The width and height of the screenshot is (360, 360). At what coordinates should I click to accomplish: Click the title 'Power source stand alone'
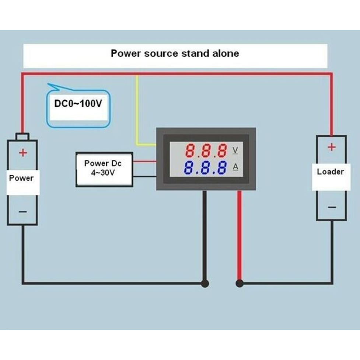click(x=175, y=53)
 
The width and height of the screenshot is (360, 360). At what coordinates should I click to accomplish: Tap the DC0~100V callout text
click(x=78, y=103)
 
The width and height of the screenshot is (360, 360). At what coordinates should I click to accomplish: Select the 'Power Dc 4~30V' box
click(x=105, y=169)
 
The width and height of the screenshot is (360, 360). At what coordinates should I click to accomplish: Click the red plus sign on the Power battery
click(x=23, y=153)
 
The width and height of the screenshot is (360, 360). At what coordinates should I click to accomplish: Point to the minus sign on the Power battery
click(x=23, y=211)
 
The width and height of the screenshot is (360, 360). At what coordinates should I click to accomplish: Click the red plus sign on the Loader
click(x=331, y=147)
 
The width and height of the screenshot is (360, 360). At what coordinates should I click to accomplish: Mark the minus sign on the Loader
click(x=332, y=207)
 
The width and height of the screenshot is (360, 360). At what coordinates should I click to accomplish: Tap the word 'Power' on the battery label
click(x=21, y=178)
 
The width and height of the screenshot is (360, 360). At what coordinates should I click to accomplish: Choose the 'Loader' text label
click(x=331, y=172)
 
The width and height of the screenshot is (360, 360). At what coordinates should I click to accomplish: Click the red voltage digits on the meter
click(x=206, y=150)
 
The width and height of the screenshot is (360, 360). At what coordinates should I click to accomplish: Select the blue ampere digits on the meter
click(x=205, y=167)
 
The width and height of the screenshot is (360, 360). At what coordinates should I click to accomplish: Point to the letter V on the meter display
click(x=235, y=150)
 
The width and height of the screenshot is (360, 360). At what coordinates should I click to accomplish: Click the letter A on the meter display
click(x=235, y=167)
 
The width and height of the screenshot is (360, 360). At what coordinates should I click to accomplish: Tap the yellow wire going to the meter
click(x=137, y=110)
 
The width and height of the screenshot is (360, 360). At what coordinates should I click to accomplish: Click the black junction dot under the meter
click(x=205, y=283)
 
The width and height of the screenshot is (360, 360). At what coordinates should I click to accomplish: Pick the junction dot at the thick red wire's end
click(x=240, y=283)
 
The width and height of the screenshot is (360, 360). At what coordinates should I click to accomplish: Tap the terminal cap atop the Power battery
click(x=22, y=136)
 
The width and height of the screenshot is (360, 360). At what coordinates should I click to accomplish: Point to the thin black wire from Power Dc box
click(x=145, y=177)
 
